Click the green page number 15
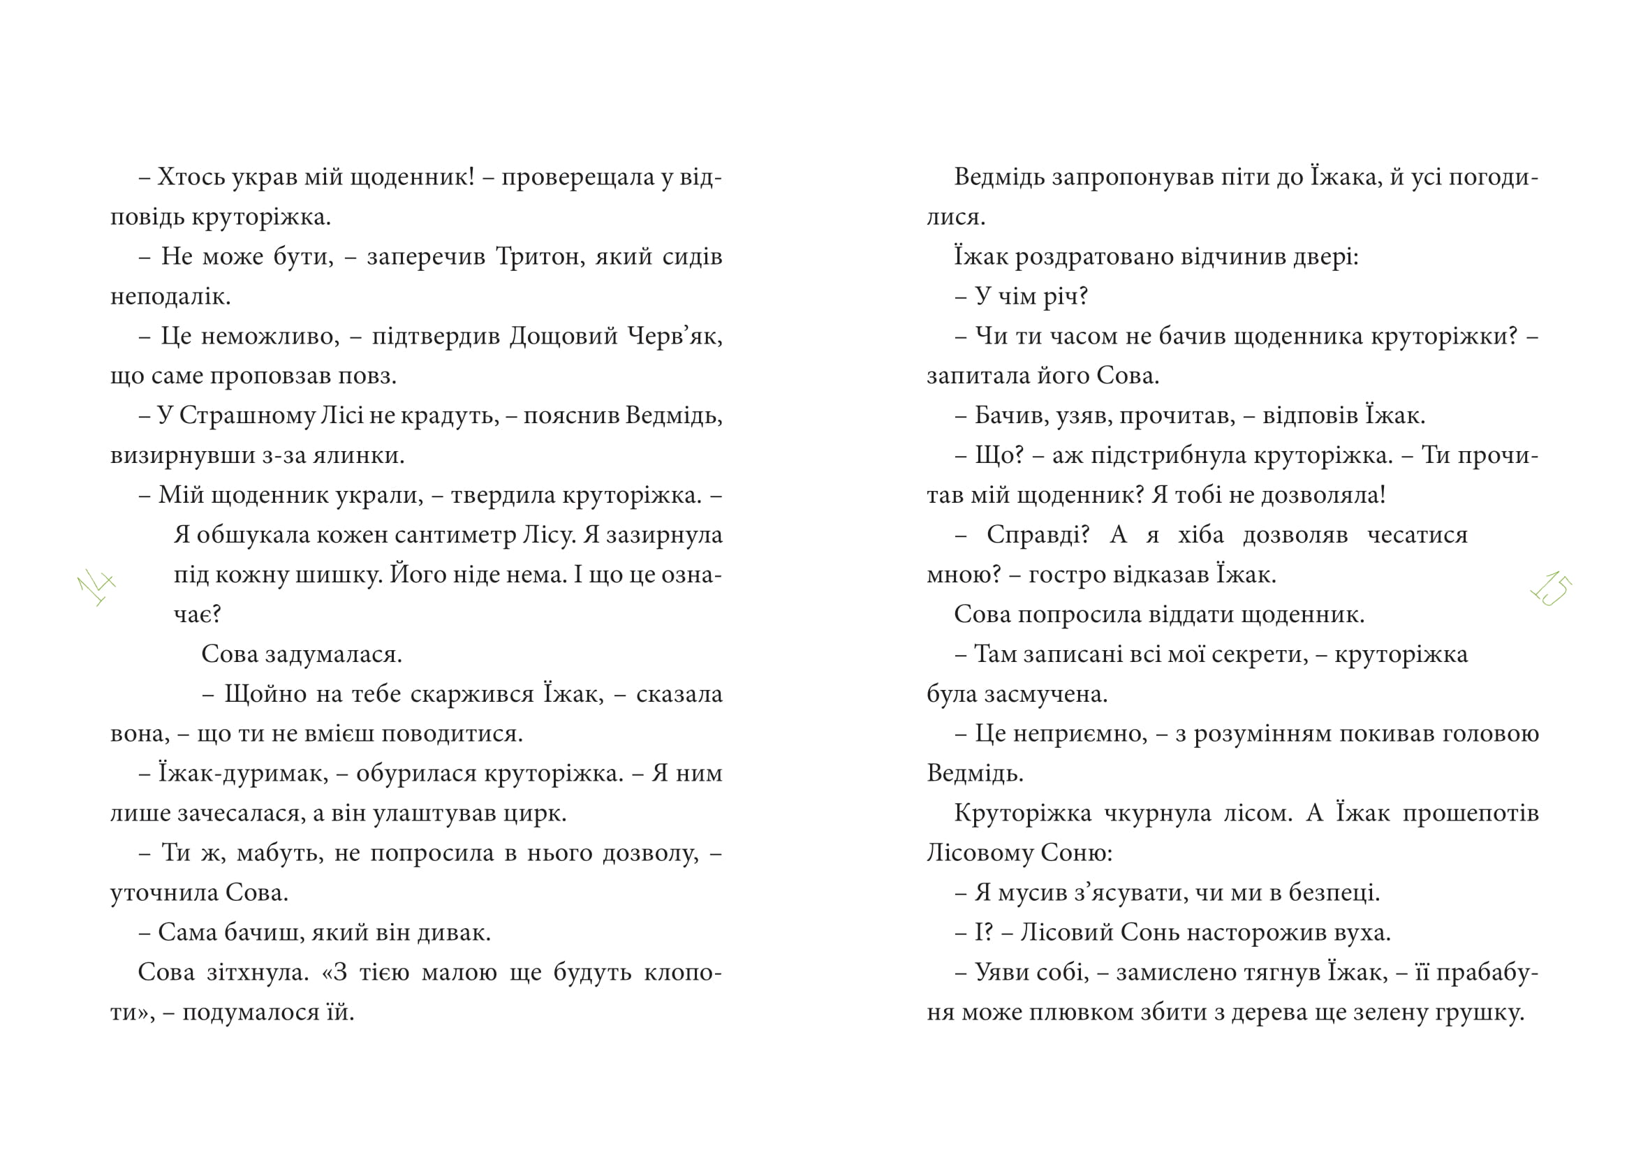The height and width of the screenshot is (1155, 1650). pyautogui.click(x=1551, y=588)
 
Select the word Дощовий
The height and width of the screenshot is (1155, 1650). pyautogui.click(x=563, y=337)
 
